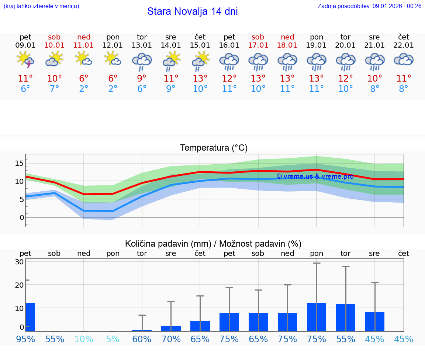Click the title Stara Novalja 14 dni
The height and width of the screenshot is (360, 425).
[x=192, y=11]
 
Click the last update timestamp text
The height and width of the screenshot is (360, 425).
[x=369, y=6]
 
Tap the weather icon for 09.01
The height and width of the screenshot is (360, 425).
[x=25, y=60]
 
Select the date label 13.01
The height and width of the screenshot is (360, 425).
[x=142, y=45]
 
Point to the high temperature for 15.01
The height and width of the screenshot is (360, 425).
[x=200, y=79]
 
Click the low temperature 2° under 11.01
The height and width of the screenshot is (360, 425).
[x=84, y=89]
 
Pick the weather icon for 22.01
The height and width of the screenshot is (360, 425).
[x=404, y=60]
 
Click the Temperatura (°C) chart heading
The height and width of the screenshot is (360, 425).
[x=214, y=148]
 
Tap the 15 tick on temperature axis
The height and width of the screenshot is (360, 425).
[x=20, y=163]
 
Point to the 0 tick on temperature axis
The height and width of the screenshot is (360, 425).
[x=22, y=217]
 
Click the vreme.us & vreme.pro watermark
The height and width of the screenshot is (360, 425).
[x=315, y=176]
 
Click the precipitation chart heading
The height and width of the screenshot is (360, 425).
[x=213, y=244]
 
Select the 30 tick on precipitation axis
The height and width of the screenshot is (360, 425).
[x=20, y=262]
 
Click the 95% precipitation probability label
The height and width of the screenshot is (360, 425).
[x=25, y=339]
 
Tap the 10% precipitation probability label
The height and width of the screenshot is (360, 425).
[x=84, y=339]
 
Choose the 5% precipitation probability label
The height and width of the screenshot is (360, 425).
[x=113, y=339]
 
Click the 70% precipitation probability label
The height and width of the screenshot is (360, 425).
[x=171, y=339]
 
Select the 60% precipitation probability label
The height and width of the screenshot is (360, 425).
[x=142, y=339]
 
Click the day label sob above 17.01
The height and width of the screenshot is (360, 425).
[x=258, y=37]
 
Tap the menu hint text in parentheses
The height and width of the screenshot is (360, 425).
[x=41, y=6]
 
